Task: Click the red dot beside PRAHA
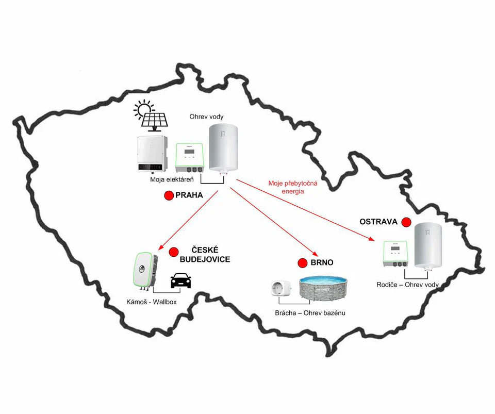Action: click(169, 195)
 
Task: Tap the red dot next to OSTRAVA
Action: click(406, 222)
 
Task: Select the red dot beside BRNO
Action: click(303, 263)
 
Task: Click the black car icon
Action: click(180, 280)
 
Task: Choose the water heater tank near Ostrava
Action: click(428, 246)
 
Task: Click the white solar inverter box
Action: click(151, 154)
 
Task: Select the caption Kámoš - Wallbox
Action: click(151, 302)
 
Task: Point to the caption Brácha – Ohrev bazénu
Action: click(310, 313)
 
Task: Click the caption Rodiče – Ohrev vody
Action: click(407, 284)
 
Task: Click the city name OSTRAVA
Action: click(378, 222)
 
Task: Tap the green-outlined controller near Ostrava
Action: click(396, 254)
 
